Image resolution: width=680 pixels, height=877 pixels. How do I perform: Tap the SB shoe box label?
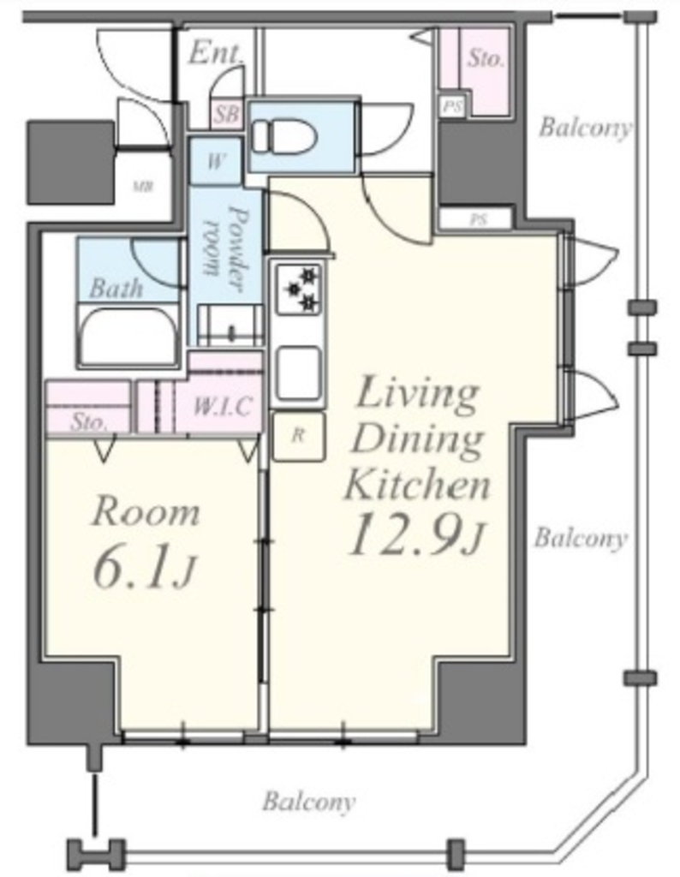click(226, 114)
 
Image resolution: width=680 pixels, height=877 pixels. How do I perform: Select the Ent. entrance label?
click(216, 52)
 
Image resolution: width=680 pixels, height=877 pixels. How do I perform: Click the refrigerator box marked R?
click(299, 436)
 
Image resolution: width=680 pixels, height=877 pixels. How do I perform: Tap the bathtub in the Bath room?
click(128, 335)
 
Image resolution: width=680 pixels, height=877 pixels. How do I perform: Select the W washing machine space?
click(216, 160)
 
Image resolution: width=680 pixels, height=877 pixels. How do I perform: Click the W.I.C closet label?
click(222, 405)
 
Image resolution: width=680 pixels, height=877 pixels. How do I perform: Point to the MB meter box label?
click(143, 186)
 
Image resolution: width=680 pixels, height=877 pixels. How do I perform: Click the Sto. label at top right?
click(486, 58)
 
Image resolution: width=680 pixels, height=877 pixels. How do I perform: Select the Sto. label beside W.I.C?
click(88, 421)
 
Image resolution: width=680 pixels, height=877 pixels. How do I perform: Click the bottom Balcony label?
click(308, 801)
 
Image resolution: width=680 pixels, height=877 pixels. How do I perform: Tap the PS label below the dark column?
click(478, 220)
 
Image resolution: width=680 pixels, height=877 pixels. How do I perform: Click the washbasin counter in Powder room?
click(230, 325)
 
